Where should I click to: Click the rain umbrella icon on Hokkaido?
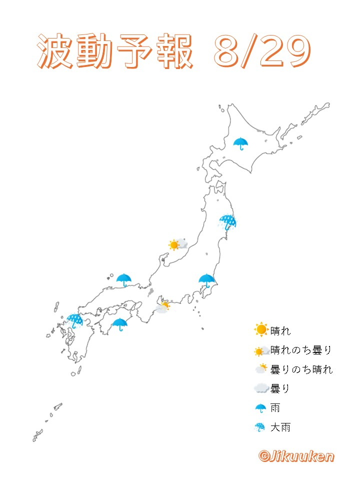241,143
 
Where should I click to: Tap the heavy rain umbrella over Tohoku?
228,222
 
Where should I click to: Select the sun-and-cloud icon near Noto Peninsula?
178,244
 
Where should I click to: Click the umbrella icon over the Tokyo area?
206,281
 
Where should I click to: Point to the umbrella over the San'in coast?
123,280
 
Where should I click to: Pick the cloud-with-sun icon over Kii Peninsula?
163,306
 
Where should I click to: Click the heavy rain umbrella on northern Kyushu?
75,320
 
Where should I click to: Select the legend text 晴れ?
280,330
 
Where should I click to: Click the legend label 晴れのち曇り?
301,350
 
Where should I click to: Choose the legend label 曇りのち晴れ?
301,369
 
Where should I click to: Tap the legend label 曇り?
280,388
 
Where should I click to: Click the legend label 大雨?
280,427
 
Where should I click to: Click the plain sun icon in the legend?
261,330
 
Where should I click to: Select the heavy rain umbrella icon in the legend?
260,427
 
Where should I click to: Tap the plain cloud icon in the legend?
261,388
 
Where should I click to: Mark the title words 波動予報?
115,52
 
